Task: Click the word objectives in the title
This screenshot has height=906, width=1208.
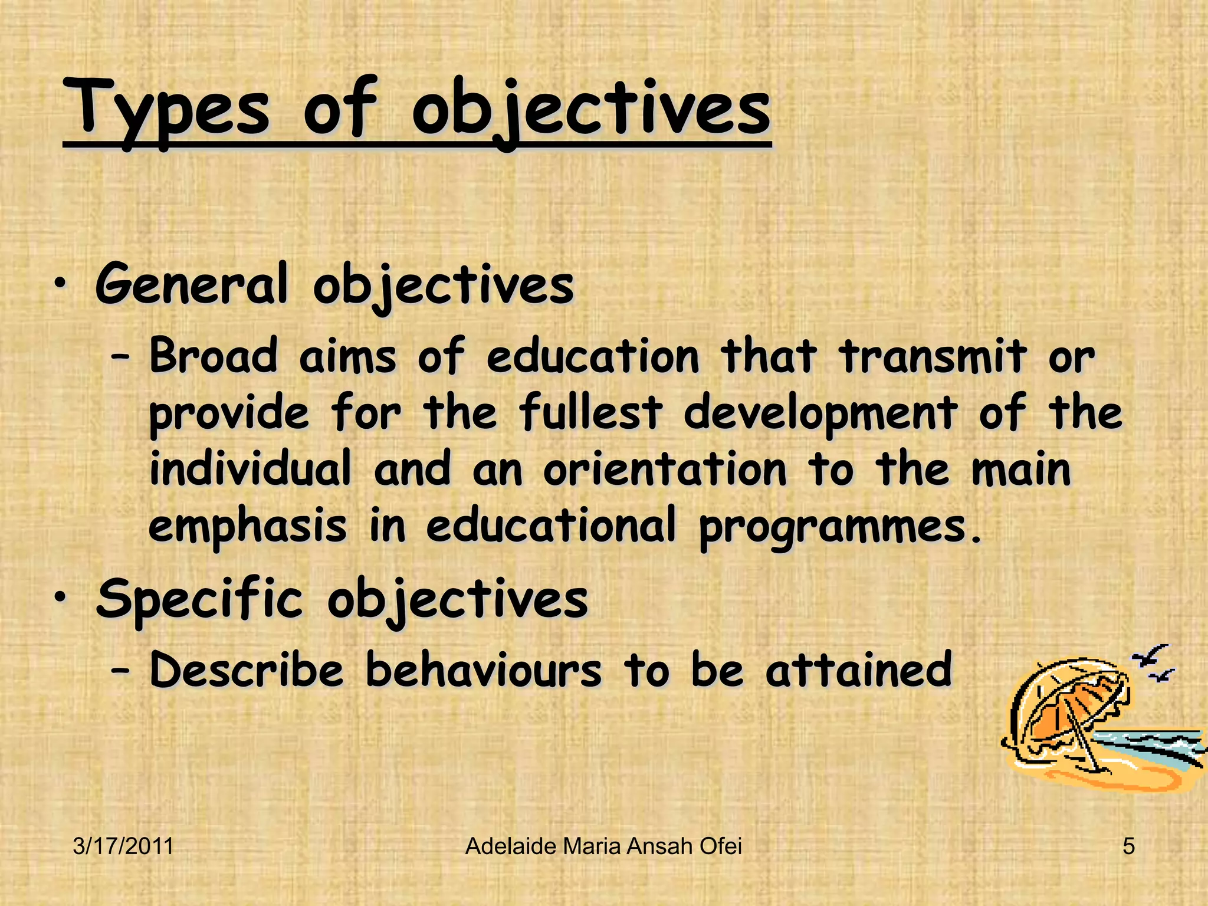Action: click(590, 109)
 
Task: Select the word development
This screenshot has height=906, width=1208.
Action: click(820, 413)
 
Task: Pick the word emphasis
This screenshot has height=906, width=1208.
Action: click(247, 526)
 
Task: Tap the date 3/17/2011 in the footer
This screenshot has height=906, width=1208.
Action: click(123, 846)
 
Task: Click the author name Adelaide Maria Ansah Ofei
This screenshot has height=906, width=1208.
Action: click(603, 846)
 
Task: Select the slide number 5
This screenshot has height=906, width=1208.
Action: click(1128, 846)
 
